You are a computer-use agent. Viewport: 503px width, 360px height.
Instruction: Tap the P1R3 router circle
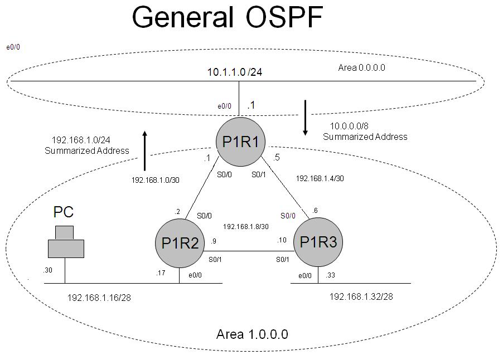click(318, 243)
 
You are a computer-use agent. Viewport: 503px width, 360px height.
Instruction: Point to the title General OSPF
click(227, 18)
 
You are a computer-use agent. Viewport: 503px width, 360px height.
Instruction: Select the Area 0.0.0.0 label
click(362, 67)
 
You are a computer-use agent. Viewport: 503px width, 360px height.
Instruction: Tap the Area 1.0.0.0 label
click(252, 334)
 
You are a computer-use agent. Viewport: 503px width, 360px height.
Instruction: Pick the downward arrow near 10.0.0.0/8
click(305, 118)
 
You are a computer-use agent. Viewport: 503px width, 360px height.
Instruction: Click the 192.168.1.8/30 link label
click(246, 227)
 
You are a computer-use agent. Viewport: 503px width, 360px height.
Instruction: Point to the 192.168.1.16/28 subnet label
click(99, 298)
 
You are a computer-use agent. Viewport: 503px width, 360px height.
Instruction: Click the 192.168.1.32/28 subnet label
click(361, 296)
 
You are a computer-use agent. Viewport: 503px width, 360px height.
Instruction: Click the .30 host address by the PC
click(47, 271)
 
